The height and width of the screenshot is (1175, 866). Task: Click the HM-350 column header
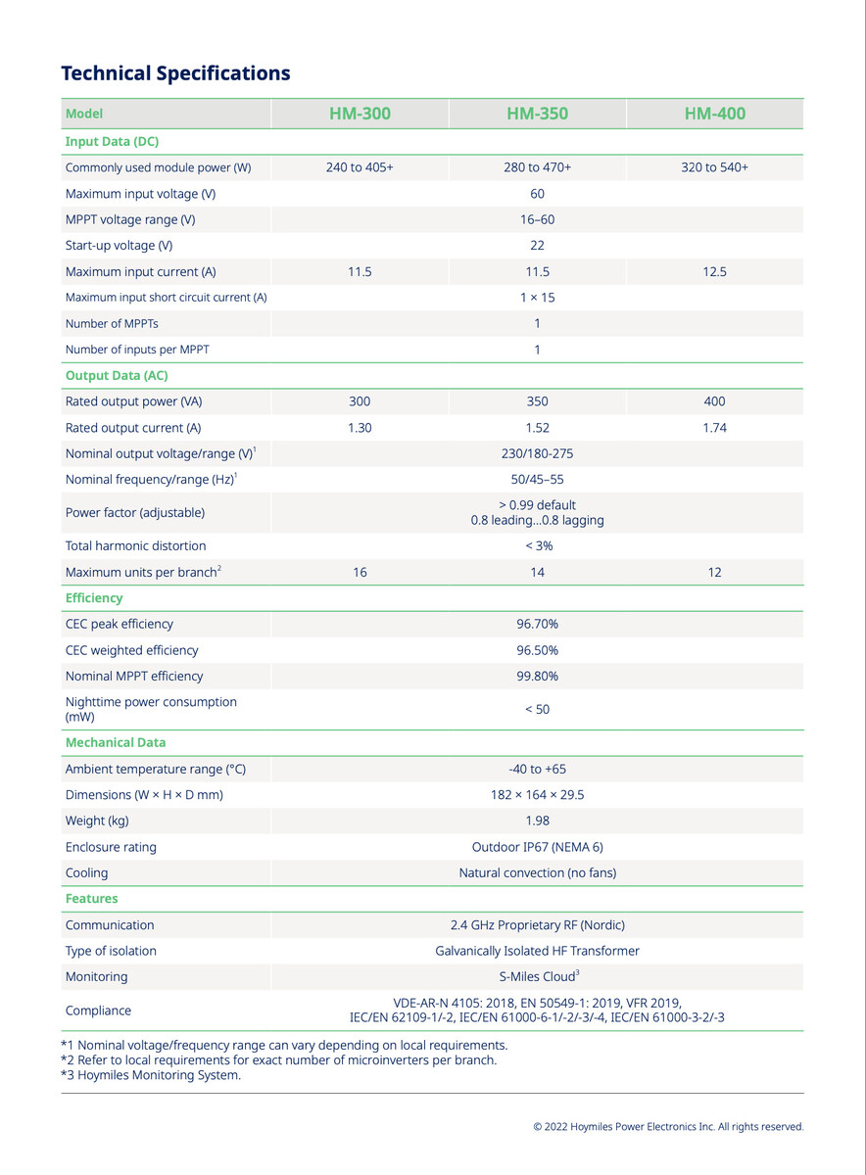(x=537, y=114)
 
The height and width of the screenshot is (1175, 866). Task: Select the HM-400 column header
(x=714, y=114)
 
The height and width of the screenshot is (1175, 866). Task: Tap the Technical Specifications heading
(x=175, y=73)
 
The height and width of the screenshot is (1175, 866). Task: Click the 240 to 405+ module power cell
(x=360, y=167)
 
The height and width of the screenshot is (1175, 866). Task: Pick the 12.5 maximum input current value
(x=714, y=271)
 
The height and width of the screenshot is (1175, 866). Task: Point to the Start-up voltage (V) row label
(x=119, y=246)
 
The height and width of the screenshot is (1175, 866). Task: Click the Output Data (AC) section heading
(x=117, y=375)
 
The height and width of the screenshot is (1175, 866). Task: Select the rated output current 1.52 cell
(x=537, y=428)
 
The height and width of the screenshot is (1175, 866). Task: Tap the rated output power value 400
(x=714, y=401)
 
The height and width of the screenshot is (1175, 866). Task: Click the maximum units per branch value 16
(x=360, y=572)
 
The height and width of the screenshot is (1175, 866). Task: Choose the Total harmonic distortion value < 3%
(x=537, y=545)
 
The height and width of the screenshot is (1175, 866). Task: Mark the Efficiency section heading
(x=94, y=597)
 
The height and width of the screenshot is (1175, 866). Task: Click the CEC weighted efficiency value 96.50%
(x=537, y=650)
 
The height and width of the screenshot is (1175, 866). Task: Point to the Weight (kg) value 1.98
(x=537, y=821)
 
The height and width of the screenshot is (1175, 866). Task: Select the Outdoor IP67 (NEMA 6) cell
(x=537, y=847)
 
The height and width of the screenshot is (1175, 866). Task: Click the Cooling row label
(x=87, y=872)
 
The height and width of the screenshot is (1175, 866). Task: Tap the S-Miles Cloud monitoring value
(x=537, y=976)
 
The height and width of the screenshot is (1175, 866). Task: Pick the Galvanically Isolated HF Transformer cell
(x=537, y=951)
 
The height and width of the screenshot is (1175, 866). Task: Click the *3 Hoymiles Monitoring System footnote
(x=151, y=1075)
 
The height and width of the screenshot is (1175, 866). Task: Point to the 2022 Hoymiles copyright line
(x=668, y=1127)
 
